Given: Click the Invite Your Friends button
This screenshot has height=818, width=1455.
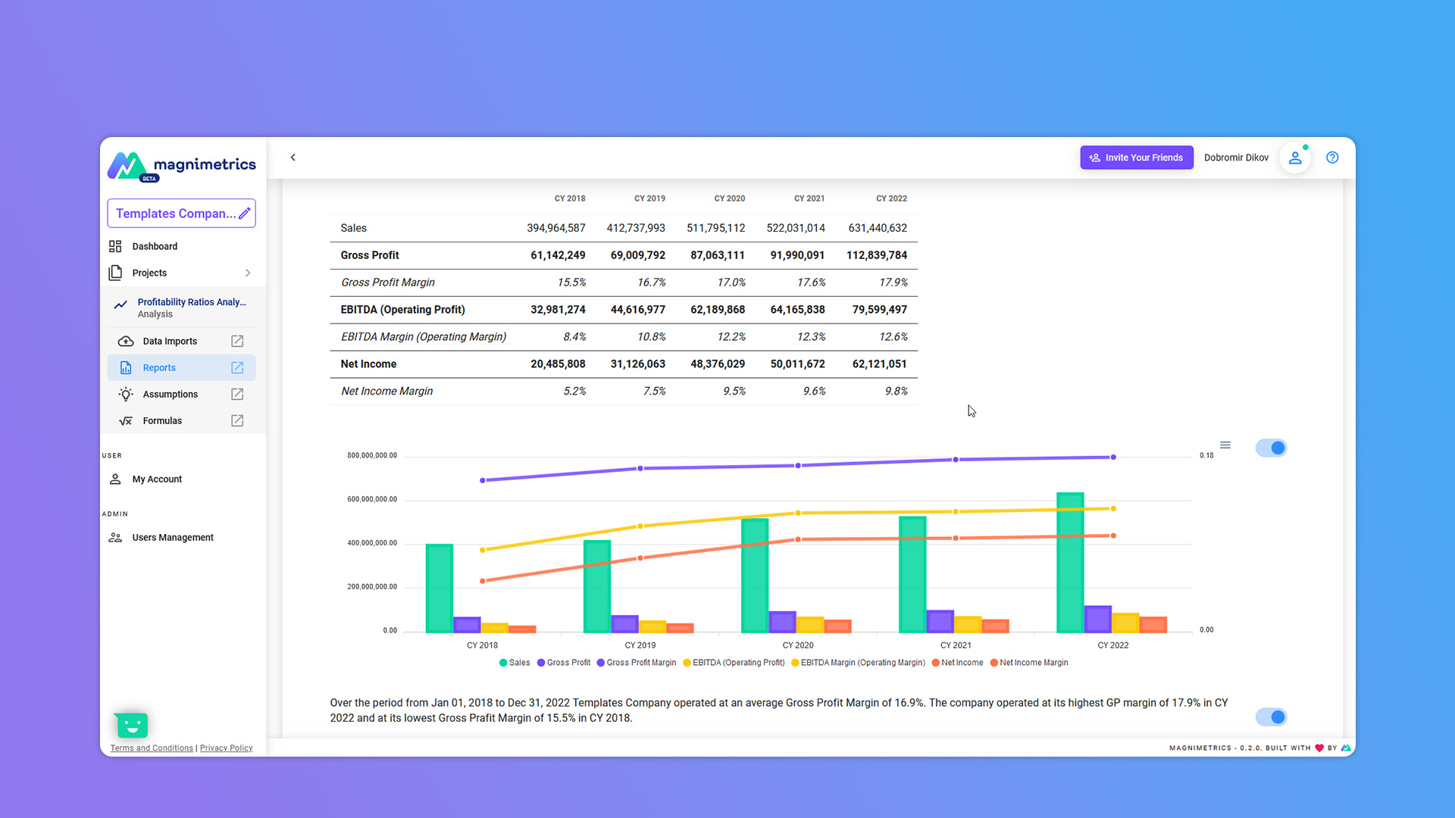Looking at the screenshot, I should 1136,158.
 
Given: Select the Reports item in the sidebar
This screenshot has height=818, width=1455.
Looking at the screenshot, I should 159,368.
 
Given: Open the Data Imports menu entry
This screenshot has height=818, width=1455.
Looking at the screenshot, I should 170,342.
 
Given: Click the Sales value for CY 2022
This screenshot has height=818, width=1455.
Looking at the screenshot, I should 877,228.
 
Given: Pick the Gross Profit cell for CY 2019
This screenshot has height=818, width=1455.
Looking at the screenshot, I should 637,255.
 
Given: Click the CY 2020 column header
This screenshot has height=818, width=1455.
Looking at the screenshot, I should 729,198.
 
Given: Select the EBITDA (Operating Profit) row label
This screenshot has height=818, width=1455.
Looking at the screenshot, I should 402,310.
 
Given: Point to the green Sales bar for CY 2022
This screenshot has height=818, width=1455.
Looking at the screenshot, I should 1069,562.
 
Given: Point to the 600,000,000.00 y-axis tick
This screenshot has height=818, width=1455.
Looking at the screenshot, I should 372,500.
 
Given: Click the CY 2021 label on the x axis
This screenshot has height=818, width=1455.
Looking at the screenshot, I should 955,645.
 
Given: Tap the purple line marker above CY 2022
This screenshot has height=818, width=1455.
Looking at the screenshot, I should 1112,457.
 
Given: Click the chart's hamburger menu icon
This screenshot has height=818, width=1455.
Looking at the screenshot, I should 1225,445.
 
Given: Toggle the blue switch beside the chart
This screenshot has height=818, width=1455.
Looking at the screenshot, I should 1271,448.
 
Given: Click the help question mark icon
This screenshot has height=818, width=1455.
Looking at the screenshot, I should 1331,158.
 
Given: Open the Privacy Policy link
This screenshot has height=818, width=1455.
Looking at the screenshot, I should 226,748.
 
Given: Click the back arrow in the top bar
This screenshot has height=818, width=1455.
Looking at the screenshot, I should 293,158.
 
